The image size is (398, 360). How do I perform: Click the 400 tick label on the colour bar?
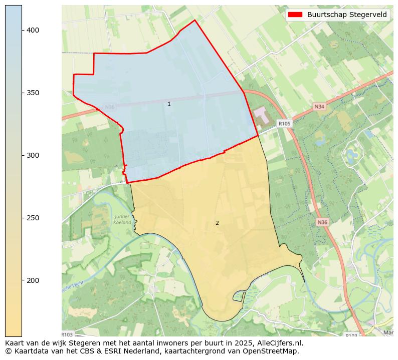pos(33,31)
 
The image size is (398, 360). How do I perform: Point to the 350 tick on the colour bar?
pos(33,93)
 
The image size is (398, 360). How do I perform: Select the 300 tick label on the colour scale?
pos(33,156)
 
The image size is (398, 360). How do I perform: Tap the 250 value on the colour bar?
pos(33,218)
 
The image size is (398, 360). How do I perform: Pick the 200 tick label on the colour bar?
pos(33,280)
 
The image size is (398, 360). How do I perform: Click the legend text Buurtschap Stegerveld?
pos(347,15)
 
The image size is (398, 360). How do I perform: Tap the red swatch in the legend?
pos(296,15)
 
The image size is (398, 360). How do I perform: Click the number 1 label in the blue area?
pos(169,104)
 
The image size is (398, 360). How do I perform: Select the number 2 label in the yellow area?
pos(217,223)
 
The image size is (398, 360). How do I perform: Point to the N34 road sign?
pos(319,107)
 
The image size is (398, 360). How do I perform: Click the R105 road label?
pos(284,123)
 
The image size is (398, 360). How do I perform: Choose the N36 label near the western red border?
pos(109,107)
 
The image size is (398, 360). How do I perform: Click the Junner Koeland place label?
pos(122,219)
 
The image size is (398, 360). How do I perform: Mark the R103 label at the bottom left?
pos(67,334)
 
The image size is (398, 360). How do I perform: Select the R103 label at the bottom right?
pos(351,335)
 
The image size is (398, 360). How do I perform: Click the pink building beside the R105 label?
pos(261,114)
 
